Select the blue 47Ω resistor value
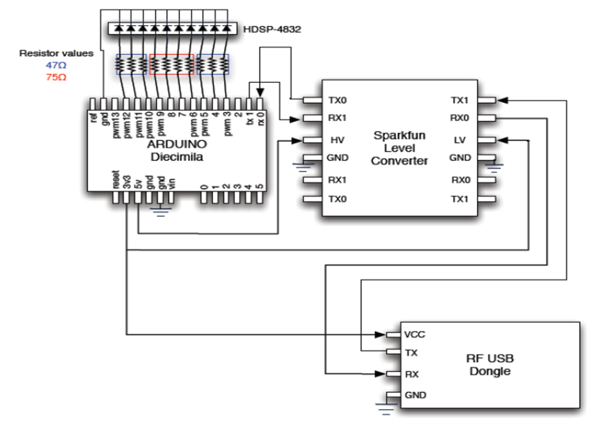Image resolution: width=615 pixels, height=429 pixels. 55,66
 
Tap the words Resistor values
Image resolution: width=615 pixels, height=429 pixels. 56,54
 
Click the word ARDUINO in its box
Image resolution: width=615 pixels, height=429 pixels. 176,144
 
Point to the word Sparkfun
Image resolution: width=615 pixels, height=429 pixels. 399,136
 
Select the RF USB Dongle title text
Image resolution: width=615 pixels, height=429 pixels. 490,364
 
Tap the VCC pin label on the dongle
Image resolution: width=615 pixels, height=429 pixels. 414,334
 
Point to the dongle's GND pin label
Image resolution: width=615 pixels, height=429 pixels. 415,395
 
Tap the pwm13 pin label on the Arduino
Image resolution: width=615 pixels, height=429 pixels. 116,124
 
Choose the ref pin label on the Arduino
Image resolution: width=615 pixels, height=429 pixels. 93,118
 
